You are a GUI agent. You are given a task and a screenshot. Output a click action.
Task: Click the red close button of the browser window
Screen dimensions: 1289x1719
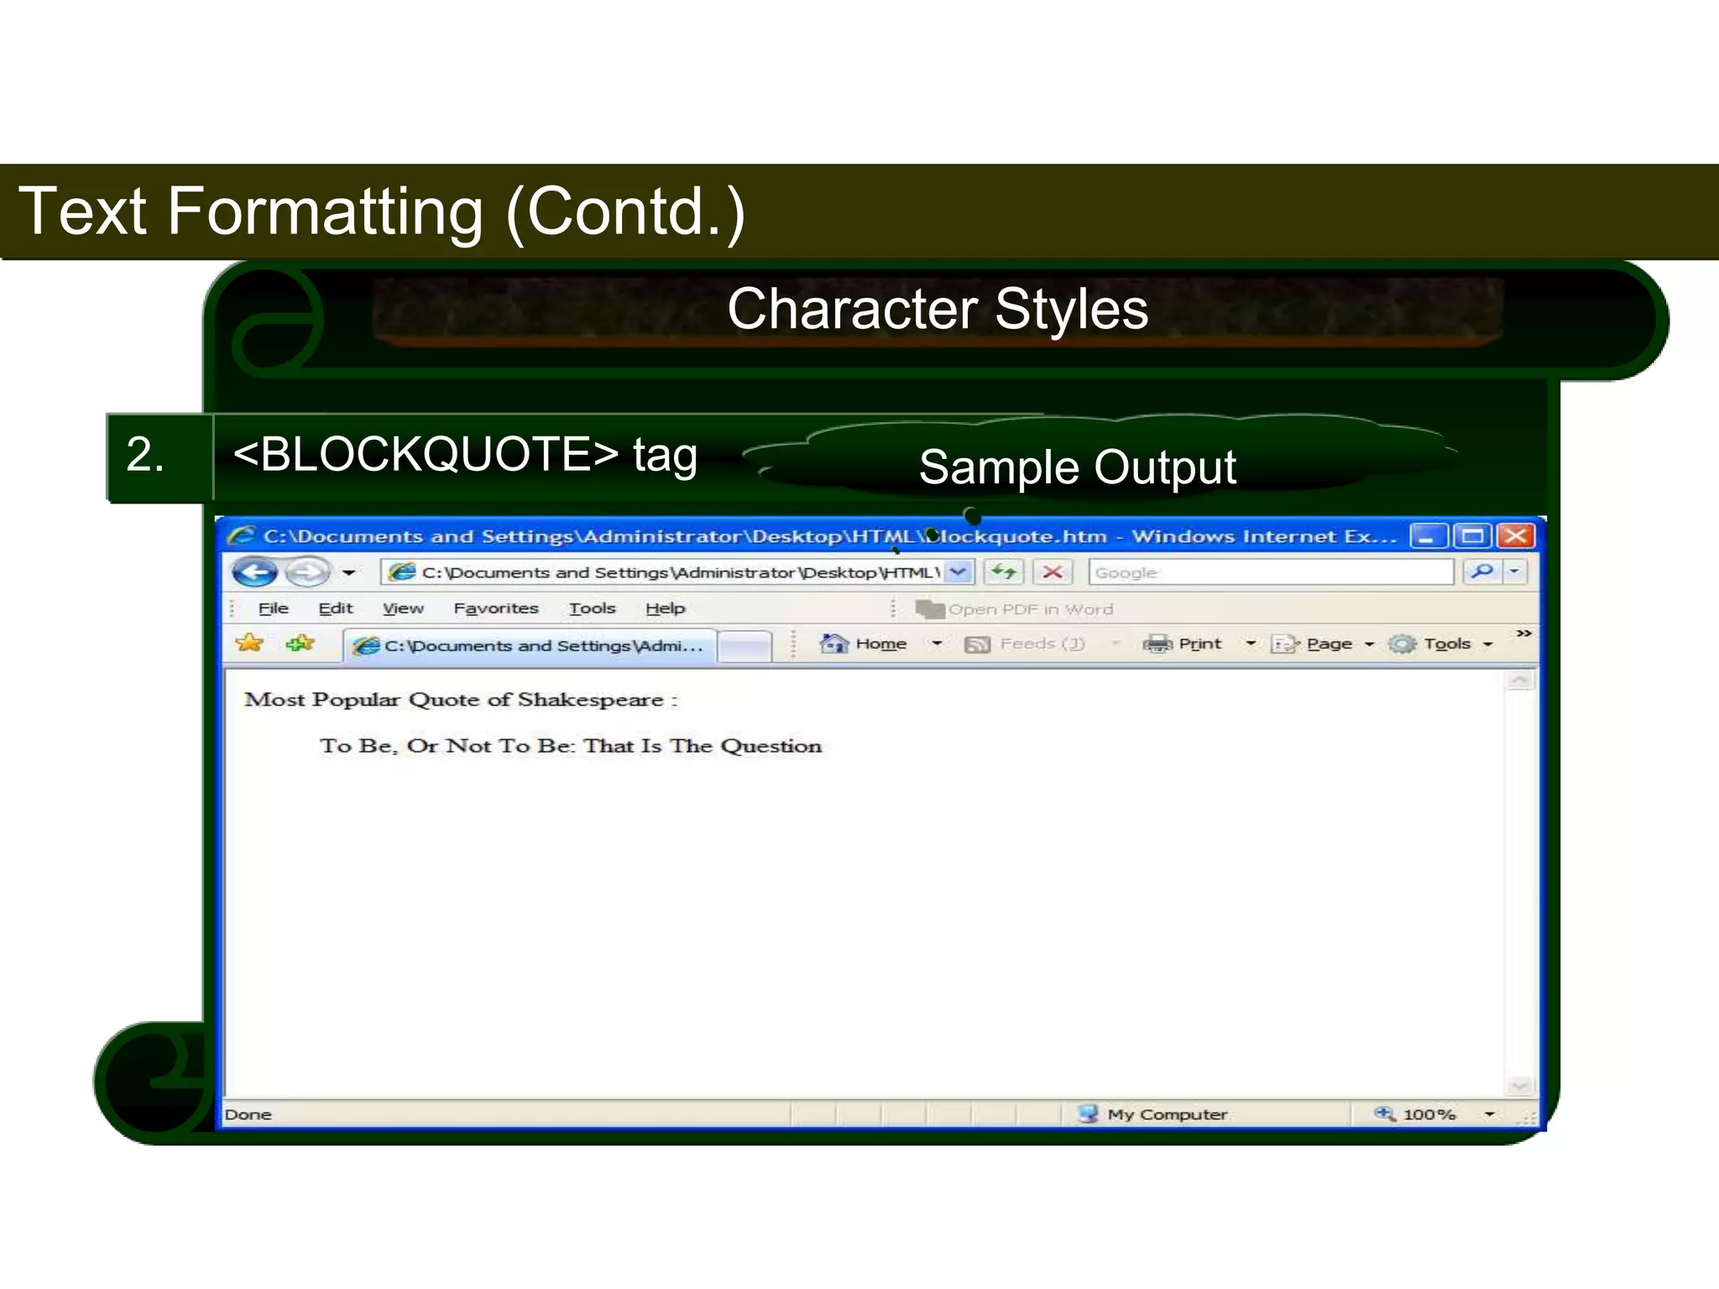pyautogui.click(x=1516, y=535)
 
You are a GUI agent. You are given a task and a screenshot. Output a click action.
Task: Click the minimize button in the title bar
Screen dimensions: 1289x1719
pyautogui.click(x=1428, y=535)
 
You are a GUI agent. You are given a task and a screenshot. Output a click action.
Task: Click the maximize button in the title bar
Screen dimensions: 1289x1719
pyautogui.click(x=1472, y=535)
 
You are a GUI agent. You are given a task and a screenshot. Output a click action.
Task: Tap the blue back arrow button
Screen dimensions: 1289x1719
pyautogui.click(x=254, y=572)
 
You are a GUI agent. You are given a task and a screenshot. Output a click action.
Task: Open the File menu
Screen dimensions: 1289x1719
pyautogui.click(x=273, y=608)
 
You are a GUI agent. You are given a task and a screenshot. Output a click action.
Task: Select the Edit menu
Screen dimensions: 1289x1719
pyautogui.click(x=336, y=608)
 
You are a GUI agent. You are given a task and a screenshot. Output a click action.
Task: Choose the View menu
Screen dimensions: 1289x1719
pyautogui.click(x=403, y=608)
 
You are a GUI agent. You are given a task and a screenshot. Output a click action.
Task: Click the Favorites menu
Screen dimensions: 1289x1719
pyautogui.click(x=495, y=608)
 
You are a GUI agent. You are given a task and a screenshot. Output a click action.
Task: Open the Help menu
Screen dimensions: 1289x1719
pyautogui.click(x=665, y=608)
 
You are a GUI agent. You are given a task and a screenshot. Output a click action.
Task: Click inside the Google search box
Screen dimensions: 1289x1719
pyautogui.click(x=1269, y=572)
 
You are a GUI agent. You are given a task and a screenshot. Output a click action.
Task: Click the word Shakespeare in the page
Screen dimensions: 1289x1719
pyautogui.click(x=590, y=700)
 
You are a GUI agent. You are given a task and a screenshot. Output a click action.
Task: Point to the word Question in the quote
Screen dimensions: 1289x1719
pyautogui.click(x=771, y=746)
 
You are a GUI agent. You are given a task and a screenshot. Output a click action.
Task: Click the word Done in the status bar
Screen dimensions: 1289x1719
pyautogui.click(x=248, y=1114)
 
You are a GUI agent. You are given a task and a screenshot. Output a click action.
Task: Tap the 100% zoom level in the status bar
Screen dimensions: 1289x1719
pyautogui.click(x=1428, y=1114)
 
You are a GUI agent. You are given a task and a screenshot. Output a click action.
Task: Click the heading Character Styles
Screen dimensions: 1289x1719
pyautogui.click(x=937, y=309)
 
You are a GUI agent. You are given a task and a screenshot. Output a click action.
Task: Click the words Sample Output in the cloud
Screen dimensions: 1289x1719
pyautogui.click(x=1077, y=467)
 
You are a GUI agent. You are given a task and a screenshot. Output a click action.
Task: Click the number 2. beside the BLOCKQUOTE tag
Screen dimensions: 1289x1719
pyautogui.click(x=144, y=455)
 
